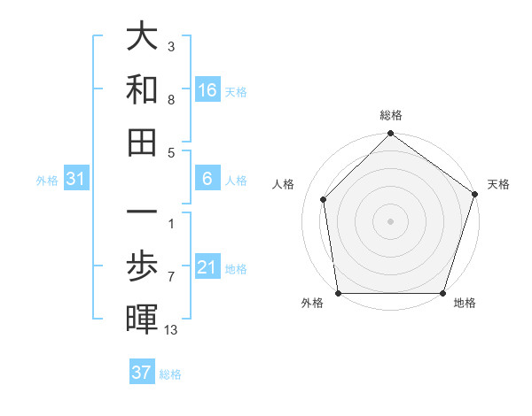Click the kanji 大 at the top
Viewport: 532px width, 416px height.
tap(141, 37)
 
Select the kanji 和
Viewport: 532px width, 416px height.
tap(141, 89)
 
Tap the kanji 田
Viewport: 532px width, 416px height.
tap(141, 142)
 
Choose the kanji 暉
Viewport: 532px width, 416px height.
tap(141, 318)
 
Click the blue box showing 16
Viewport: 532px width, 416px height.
tap(207, 89)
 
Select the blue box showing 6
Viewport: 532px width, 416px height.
tap(207, 180)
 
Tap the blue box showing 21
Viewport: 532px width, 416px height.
tap(207, 267)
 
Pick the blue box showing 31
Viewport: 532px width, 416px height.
tap(76, 180)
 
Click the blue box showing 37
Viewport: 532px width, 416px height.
tap(142, 373)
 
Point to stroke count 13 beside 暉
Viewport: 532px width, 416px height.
tap(171, 330)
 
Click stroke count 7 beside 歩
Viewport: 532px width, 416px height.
tap(171, 277)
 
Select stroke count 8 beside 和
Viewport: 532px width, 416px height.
tap(171, 100)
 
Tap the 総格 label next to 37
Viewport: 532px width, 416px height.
tap(170, 374)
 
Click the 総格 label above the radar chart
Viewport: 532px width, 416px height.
tap(390, 115)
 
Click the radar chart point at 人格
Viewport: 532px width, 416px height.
tap(323, 199)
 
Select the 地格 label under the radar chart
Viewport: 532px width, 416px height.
tap(465, 304)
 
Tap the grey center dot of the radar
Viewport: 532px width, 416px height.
tap(390, 220)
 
